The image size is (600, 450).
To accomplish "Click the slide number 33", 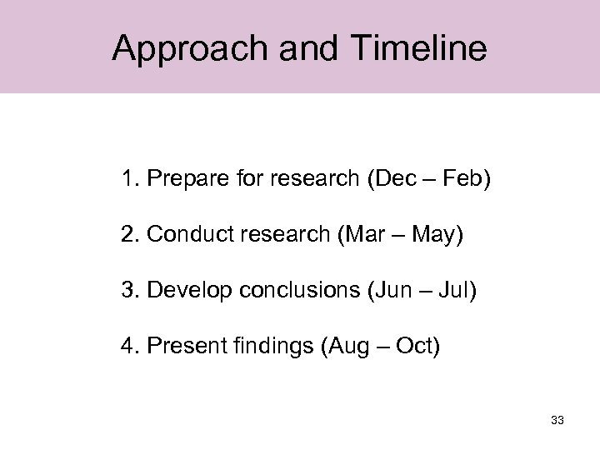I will [557, 420].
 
